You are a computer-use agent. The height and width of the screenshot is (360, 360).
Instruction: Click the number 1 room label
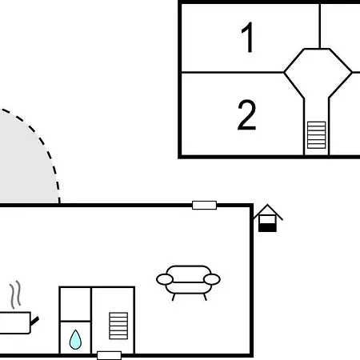(248, 38)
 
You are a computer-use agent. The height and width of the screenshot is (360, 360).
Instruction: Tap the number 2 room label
(246, 114)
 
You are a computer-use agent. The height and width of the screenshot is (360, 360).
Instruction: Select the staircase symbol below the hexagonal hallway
(316, 135)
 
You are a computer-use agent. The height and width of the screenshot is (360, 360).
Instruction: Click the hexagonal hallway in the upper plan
(318, 73)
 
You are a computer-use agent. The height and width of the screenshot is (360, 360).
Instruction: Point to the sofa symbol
(188, 282)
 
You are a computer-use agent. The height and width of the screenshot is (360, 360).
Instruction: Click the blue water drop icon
(75, 340)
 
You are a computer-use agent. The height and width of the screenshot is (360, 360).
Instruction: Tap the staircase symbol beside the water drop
(118, 326)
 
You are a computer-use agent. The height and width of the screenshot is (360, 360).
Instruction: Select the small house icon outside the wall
(267, 218)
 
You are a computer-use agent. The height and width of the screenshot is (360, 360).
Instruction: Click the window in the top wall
(204, 205)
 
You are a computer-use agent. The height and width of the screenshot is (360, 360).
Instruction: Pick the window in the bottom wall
(109, 355)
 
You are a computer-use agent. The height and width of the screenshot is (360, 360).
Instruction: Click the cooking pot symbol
(16, 322)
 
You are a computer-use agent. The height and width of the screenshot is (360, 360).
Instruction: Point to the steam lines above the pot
(15, 294)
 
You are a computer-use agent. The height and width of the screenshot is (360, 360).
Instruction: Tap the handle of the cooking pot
(34, 321)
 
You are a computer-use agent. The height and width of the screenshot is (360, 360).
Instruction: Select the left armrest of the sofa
(165, 279)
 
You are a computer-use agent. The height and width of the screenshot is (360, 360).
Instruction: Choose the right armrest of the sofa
(212, 279)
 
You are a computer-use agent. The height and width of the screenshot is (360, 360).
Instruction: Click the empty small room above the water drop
(75, 304)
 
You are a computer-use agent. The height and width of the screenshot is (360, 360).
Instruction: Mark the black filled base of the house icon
(267, 228)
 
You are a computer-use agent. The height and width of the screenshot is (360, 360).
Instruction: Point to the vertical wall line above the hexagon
(319, 26)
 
